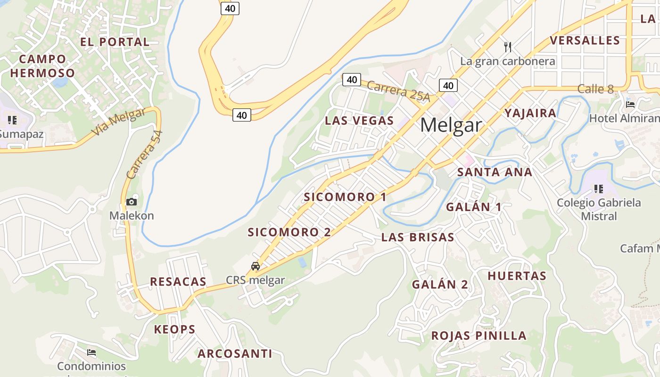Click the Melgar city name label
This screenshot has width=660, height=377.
451,125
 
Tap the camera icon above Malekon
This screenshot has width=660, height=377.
132,202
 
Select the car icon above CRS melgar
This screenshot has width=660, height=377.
256,266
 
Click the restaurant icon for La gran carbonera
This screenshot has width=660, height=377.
508,47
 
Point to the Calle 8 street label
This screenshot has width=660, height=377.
596,89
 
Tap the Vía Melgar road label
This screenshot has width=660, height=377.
118,122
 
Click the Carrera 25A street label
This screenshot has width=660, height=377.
398,91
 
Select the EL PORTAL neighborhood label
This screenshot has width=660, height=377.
115,42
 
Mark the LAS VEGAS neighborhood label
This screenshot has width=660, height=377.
359,121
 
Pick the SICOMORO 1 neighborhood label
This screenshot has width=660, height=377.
345,197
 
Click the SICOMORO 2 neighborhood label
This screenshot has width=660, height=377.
289,232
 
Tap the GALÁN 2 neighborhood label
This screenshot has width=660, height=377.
440,285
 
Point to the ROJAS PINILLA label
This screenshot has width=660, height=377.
479,336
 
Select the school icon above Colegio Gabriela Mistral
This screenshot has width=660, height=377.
599,189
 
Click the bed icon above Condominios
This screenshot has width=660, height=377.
91,352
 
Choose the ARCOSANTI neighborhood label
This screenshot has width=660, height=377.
235,353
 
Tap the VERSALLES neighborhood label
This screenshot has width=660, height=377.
585,41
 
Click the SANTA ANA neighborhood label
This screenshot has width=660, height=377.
495,172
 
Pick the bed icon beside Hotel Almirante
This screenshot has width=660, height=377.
630,104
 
